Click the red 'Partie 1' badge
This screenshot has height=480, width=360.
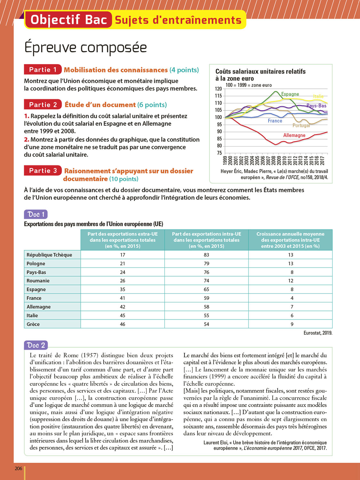pos(43,69)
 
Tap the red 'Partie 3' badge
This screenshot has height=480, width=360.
pos(43,171)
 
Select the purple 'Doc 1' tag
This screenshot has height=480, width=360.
pos(36,214)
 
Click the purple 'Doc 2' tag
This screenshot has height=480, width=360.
pos(36,345)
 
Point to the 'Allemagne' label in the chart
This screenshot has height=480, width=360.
pos(294,135)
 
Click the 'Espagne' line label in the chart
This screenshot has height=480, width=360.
pos(290,94)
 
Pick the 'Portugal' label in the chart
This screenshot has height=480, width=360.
pos(301,125)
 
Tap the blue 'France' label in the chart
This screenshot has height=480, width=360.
pos(275,121)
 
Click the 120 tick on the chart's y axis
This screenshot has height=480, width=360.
pos(218,89)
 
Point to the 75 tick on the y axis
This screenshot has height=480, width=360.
pos(219,153)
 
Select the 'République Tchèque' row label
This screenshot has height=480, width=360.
pos(49,255)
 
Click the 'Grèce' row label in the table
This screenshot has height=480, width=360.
pos(33,324)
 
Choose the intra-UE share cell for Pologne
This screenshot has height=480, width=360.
pos(206,263)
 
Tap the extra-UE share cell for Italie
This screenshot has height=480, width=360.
pos(123,316)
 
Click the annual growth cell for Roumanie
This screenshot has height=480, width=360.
pos(291,281)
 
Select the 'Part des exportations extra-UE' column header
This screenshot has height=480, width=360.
pos(123,240)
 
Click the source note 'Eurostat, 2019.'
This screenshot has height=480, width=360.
pos(318,333)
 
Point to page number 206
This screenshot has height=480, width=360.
pos(19,468)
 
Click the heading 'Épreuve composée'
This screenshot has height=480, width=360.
pos(85,48)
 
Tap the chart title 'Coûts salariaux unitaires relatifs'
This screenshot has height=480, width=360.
pos(260,72)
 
